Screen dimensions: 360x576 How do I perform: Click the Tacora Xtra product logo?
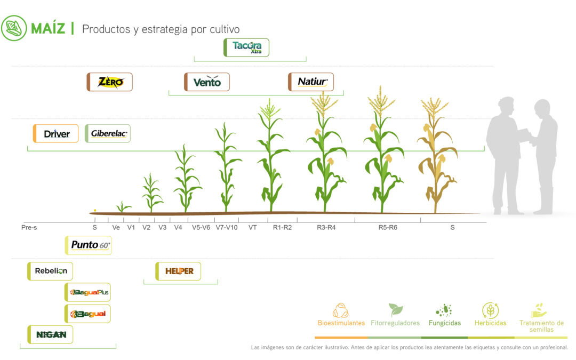tap(246, 47)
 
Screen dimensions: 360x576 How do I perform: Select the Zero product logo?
tap(110, 82)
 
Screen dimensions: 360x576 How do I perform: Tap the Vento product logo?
tap(207, 82)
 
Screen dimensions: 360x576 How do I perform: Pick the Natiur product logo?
tap(311, 82)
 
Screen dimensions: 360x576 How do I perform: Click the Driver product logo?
tap(56, 133)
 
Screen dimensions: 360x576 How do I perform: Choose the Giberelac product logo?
tap(108, 133)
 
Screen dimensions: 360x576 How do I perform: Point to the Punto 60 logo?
tap(89, 245)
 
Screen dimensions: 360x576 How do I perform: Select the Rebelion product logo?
tap(51, 271)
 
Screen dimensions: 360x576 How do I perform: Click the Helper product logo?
tap(179, 271)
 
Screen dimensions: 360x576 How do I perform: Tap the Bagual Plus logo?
tap(89, 292)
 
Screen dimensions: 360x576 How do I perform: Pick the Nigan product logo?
tap(51, 334)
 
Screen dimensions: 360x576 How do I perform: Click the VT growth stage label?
tap(253, 228)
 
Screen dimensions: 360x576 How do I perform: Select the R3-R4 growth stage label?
tap(326, 228)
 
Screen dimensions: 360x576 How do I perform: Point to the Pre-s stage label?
tap(29, 228)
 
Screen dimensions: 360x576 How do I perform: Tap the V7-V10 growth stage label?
tap(227, 228)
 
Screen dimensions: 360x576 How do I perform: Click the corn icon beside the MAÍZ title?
tap(13, 28)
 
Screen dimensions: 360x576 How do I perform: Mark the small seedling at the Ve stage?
tap(123, 206)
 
